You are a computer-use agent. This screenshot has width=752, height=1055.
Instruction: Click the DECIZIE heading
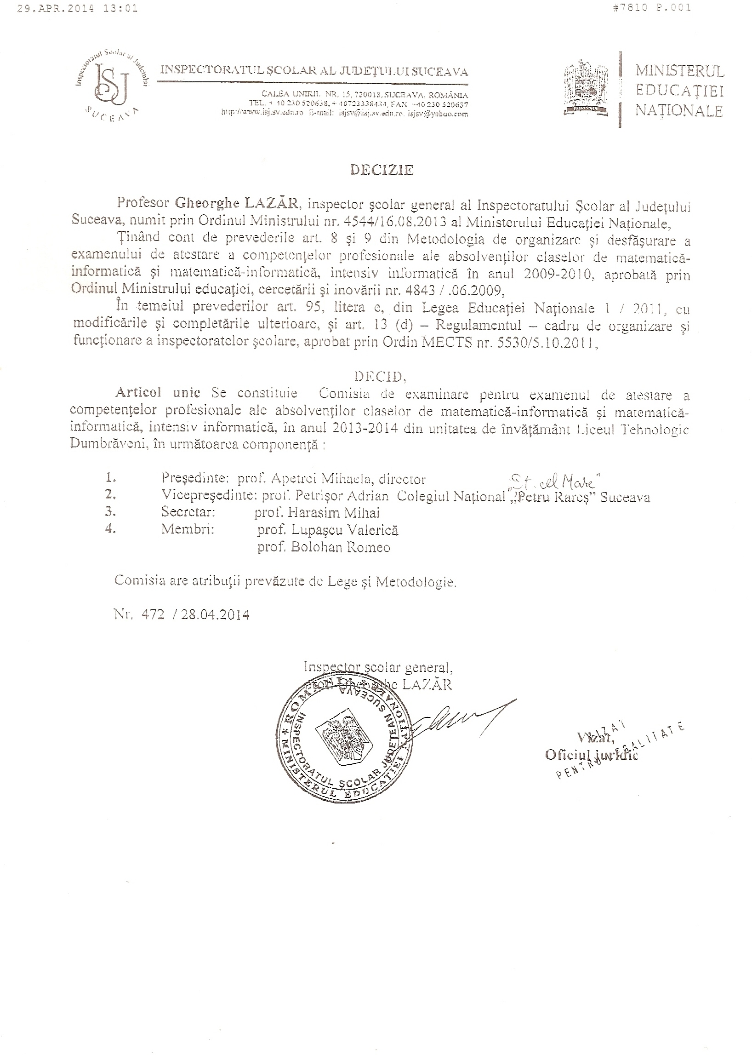pos(382,171)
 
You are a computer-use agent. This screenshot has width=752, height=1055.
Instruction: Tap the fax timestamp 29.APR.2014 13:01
pos(77,8)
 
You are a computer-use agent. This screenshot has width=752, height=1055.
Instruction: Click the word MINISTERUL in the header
pos(679,71)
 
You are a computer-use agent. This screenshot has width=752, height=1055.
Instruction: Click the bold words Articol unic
pos(158,392)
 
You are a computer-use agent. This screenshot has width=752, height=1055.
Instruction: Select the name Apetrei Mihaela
pos(325,479)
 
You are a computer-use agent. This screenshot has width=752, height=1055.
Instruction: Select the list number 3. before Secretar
pos(110,512)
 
